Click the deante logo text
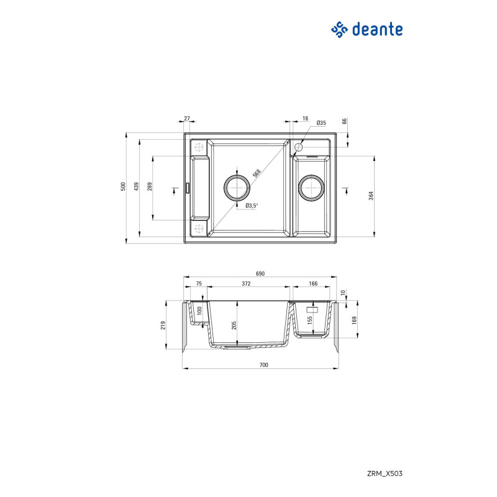pyautogui.click(x=377, y=29)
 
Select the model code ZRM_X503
pyautogui.click(x=385, y=473)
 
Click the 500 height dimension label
pyautogui.click(x=124, y=186)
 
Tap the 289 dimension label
pyautogui.click(x=150, y=186)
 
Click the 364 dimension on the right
pyautogui.click(x=370, y=196)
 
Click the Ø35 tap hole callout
pyautogui.click(x=321, y=123)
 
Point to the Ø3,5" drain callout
pyautogui.click(x=251, y=205)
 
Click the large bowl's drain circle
pyautogui.click(x=237, y=186)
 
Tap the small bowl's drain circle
pyautogui.click(x=311, y=186)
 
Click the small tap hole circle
pyautogui.click(x=298, y=147)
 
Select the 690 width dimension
pyautogui.click(x=260, y=274)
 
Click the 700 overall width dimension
pyautogui.click(x=263, y=365)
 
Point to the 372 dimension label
pyautogui.click(x=246, y=283)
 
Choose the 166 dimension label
pyautogui.click(x=312, y=283)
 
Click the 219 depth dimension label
pyautogui.click(x=163, y=326)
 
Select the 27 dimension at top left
pyautogui.click(x=187, y=118)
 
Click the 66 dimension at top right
pyautogui.click(x=345, y=122)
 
